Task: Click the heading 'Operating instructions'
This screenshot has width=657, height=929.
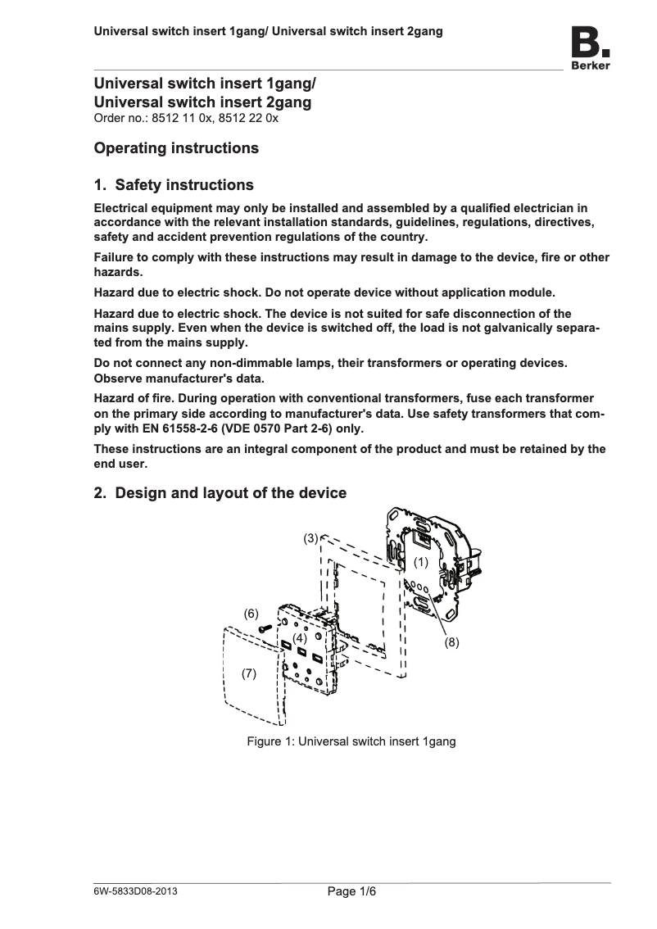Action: [176, 148]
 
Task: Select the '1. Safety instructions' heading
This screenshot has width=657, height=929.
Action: [174, 185]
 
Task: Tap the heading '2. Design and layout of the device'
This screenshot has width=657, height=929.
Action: [220, 493]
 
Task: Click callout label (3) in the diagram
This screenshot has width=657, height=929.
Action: [310, 538]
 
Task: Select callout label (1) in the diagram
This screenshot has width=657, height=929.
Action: [421, 562]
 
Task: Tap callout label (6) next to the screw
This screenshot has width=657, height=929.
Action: [251, 614]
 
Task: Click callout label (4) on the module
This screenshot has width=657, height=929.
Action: [300, 637]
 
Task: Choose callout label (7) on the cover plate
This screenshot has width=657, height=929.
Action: [249, 673]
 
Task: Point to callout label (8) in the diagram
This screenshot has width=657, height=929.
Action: [451, 643]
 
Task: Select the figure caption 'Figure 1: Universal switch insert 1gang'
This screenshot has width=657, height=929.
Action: [351, 741]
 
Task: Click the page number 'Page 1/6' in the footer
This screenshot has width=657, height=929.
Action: [351, 892]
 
